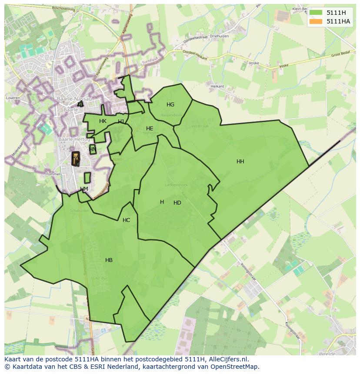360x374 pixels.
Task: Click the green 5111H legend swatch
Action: [x=316, y=13]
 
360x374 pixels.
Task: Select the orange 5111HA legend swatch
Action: [x=316, y=21]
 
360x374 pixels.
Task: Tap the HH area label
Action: [x=240, y=162]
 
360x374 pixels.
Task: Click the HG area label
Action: [x=170, y=105]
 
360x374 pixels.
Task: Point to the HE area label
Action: [x=150, y=129]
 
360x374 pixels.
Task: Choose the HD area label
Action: [x=177, y=203]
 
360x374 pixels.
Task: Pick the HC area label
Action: [x=126, y=220]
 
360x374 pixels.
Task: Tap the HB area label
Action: [x=109, y=260]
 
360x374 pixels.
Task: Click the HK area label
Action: [x=103, y=121]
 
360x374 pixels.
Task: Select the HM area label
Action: [x=84, y=189]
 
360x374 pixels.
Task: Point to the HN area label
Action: [x=92, y=149]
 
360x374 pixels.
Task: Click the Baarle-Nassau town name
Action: [x=74, y=99]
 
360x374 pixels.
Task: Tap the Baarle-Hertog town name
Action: [x=74, y=139]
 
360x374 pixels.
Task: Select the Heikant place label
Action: [x=217, y=86]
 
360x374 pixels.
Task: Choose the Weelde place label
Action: [x=327, y=354]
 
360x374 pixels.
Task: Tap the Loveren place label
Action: [x=13, y=98]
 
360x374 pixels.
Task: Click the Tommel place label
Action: [x=53, y=174]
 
